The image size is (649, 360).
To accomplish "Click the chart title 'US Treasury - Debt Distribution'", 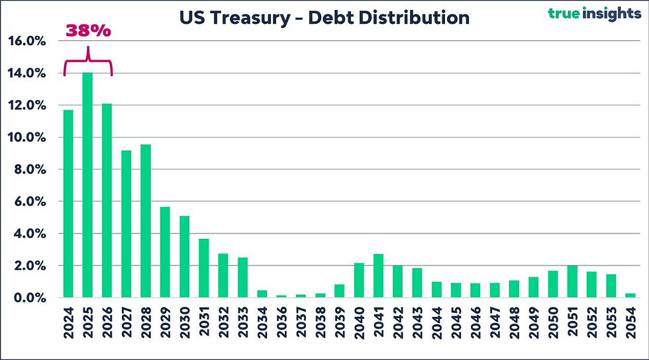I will (x=324, y=17).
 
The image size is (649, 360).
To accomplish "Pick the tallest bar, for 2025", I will (x=87, y=185).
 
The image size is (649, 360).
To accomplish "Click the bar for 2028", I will (x=146, y=221).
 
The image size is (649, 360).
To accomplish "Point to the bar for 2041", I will (x=378, y=276).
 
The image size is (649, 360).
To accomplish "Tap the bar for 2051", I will (x=572, y=282).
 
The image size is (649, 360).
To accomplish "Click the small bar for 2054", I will (x=630, y=295).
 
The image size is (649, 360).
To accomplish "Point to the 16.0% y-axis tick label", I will (x=27, y=41).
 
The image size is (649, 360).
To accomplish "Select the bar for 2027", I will (x=126, y=224).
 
